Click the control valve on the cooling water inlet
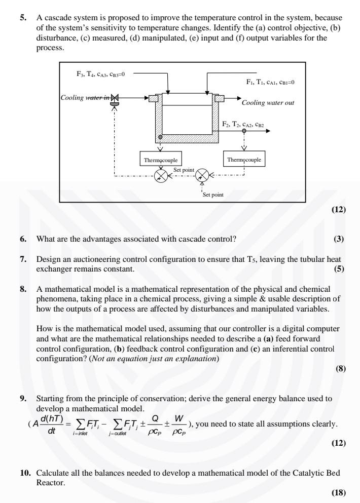click(114, 99)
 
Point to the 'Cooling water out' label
click(268, 102)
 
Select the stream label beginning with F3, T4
click(100, 73)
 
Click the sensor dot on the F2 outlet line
click(244, 131)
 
